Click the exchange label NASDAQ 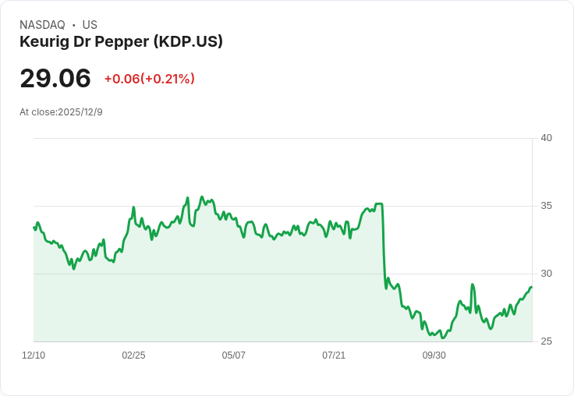click(42, 25)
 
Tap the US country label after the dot click(90, 25)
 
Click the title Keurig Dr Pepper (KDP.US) click(121, 41)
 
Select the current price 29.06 click(55, 78)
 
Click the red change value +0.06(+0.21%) click(149, 79)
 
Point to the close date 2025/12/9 click(80, 112)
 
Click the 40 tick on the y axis click(546, 138)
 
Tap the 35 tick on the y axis click(546, 206)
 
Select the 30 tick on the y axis click(546, 274)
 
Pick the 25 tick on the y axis click(546, 341)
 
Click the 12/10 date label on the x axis click(34, 355)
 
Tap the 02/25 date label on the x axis click(133, 355)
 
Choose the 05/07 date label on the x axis click(233, 355)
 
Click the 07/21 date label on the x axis click(334, 355)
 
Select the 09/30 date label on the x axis click(434, 355)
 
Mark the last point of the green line click(531, 288)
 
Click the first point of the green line click(34, 228)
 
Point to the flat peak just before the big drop click(378, 204)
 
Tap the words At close click(37, 112)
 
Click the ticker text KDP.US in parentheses click(197, 41)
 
